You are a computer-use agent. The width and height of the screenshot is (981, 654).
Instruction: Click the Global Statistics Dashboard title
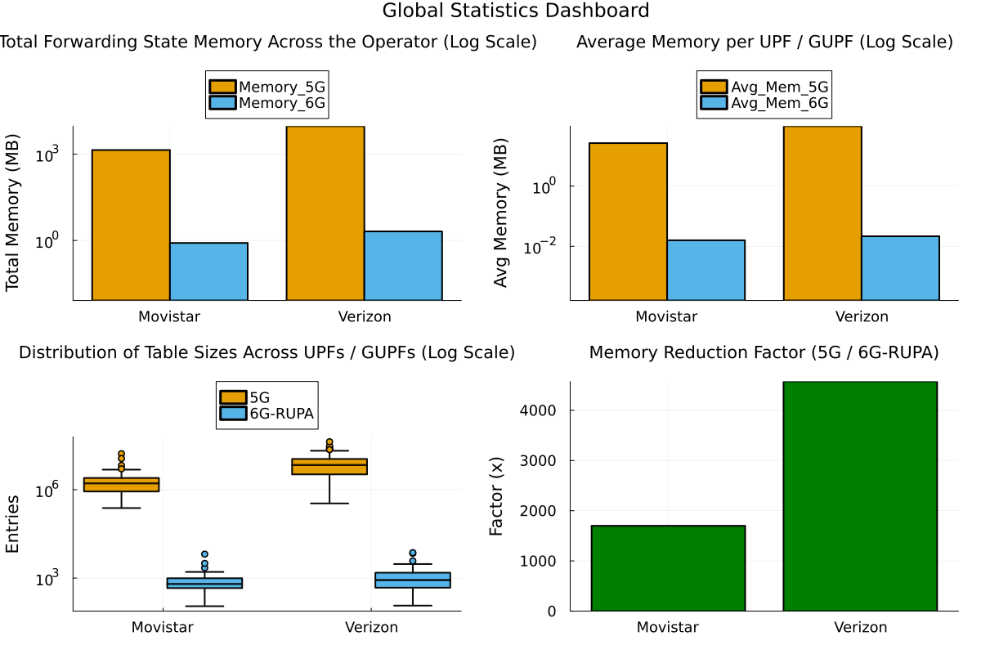point(516,11)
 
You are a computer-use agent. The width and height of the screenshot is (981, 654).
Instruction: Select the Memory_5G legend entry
point(267,87)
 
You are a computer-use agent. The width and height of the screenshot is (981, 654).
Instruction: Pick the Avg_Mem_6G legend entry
point(764,103)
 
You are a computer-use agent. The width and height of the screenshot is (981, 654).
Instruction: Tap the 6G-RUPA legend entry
point(267,413)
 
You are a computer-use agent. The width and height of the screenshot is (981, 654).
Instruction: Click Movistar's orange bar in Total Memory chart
point(131,225)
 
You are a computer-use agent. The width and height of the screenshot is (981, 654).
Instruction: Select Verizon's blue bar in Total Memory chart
point(403,266)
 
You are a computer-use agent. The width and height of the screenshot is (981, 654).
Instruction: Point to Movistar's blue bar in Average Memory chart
point(706,270)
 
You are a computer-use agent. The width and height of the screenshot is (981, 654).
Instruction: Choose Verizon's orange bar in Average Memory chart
point(822,213)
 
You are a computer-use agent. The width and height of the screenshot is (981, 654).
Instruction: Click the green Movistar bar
point(669,568)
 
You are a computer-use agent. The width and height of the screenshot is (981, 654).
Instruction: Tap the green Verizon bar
point(860,496)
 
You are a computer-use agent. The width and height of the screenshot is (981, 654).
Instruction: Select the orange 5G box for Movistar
point(121,485)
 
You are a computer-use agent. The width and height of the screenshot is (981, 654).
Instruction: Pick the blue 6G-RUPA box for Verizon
point(413,580)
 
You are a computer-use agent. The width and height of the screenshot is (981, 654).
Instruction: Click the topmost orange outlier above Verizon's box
point(329,442)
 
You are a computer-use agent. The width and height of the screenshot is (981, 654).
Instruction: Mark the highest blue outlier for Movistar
point(204,554)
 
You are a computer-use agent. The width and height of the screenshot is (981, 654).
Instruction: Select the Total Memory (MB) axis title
point(12,213)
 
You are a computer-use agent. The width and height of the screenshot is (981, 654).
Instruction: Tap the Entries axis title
point(12,524)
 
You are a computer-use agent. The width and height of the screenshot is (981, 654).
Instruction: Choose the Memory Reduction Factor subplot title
point(764,352)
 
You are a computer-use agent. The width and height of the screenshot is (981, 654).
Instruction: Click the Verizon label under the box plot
point(371,627)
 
